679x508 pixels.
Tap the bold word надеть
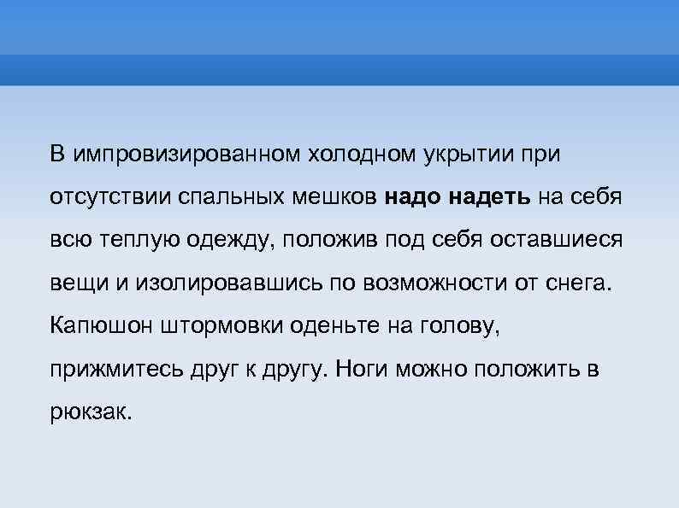pos(490,197)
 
